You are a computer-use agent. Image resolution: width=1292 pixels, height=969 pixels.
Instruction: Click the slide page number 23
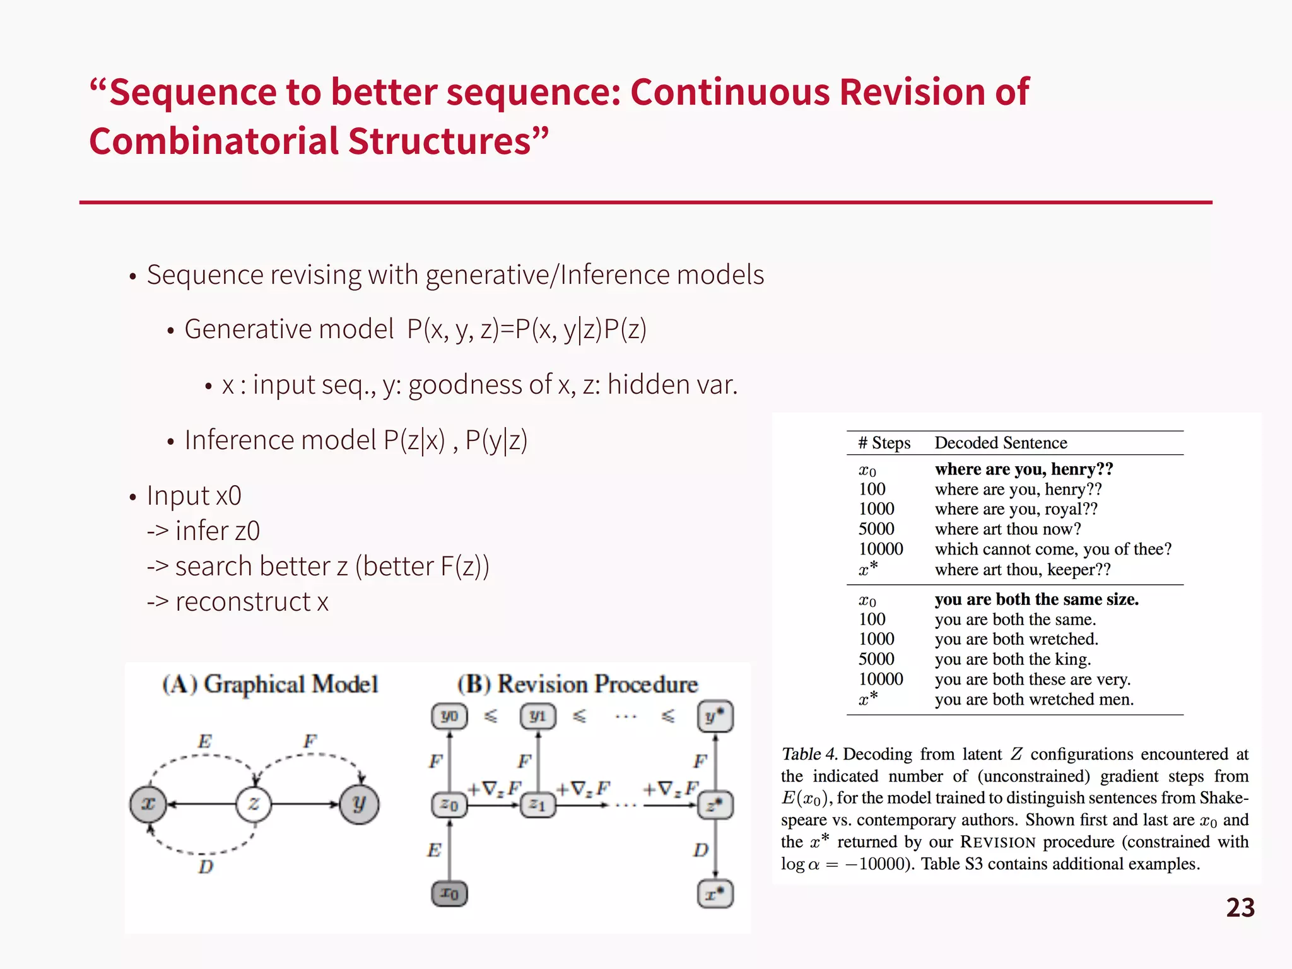coord(1240,908)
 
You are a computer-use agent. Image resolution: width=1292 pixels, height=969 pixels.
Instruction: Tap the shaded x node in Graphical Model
coord(148,804)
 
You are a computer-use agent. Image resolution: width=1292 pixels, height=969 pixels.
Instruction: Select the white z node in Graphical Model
coord(254,804)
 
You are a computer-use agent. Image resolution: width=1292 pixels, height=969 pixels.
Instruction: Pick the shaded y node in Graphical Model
coord(359,804)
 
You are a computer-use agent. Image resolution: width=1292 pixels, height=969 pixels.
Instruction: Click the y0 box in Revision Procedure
coord(449,717)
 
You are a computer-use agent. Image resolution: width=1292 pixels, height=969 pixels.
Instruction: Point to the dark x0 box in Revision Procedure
coord(449,893)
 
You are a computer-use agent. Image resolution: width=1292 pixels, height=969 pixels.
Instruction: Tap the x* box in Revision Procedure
coord(715,894)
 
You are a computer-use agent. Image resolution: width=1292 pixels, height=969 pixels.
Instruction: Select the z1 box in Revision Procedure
coord(537,805)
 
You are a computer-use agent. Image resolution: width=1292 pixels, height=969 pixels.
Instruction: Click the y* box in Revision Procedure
coord(715,717)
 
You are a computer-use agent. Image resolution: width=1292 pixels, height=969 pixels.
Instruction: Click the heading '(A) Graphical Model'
coord(270,684)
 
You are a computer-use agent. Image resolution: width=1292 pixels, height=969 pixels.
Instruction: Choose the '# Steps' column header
coord(884,443)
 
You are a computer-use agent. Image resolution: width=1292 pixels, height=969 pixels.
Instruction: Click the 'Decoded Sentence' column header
coord(1001,443)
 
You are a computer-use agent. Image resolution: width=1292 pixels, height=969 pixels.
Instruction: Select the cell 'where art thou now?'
coord(1007,529)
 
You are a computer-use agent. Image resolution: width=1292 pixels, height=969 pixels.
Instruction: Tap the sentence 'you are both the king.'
coord(1013,659)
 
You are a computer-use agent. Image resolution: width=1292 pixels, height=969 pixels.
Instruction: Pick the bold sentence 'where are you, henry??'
coord(1023,469)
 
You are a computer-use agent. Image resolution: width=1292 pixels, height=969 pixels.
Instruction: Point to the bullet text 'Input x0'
coord(194,496)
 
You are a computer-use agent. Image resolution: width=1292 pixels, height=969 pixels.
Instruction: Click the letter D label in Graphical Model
coord(206,867)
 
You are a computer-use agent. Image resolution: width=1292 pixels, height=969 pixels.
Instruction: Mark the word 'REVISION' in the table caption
coord(997,842)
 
